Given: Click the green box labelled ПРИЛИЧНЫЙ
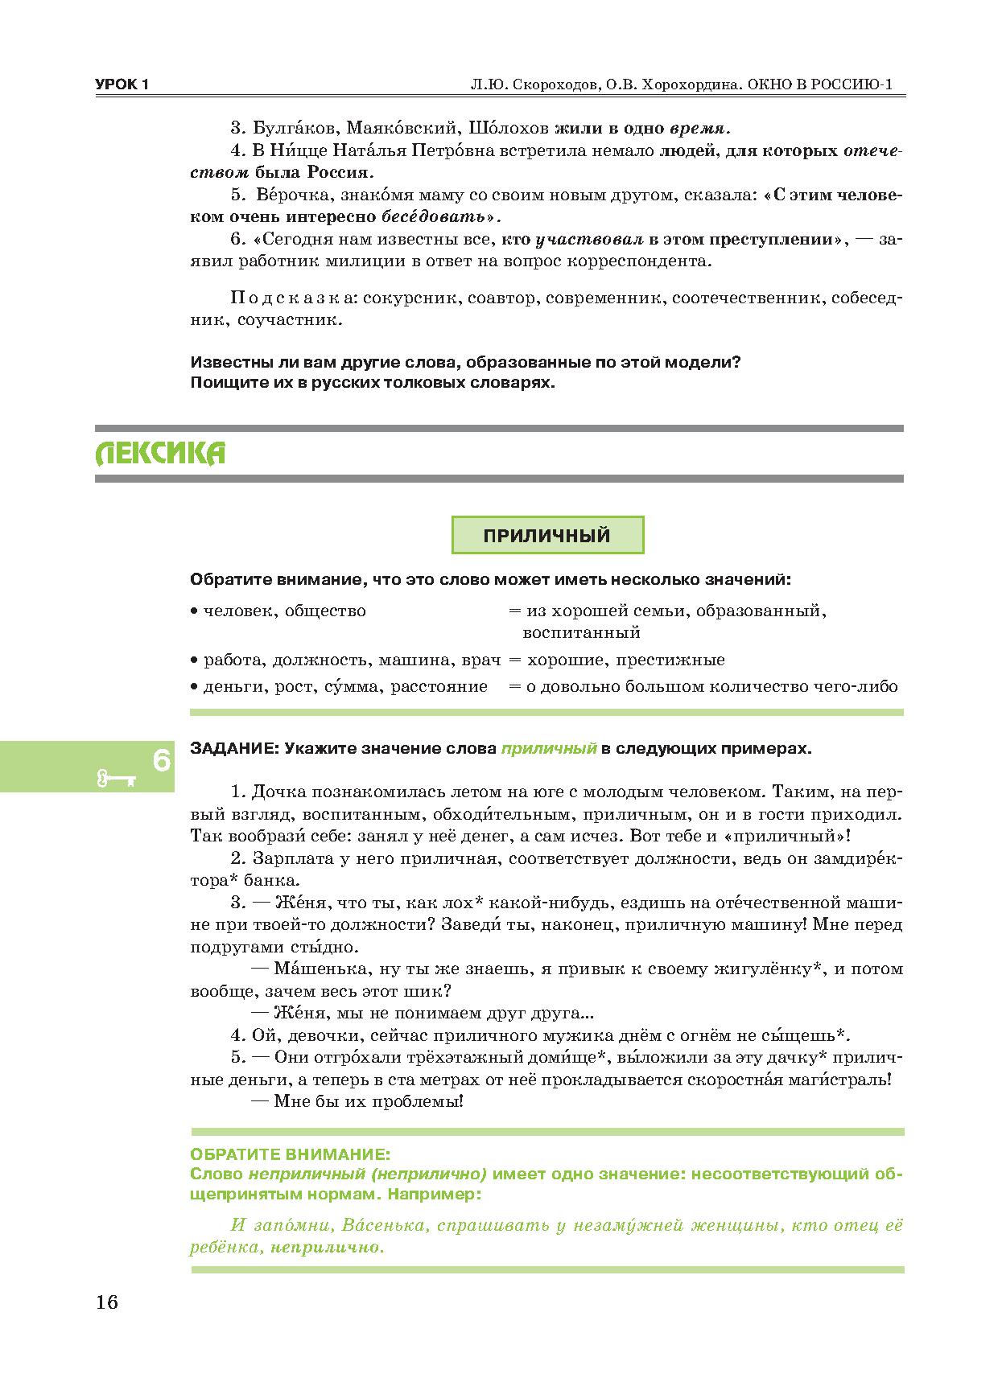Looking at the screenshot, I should tap(547, 536).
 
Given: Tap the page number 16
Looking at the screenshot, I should tap(106, 1302).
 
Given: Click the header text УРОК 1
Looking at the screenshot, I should tap(122, 85).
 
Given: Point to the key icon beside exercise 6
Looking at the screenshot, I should tap(116, 778).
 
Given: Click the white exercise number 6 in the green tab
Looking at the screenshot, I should tap(161, 759).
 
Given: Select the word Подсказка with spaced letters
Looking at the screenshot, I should tap(291, 298).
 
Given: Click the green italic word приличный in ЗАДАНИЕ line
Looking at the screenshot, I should tap(548, 748).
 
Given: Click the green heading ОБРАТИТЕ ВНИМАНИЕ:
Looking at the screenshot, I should tap(291, 1154).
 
